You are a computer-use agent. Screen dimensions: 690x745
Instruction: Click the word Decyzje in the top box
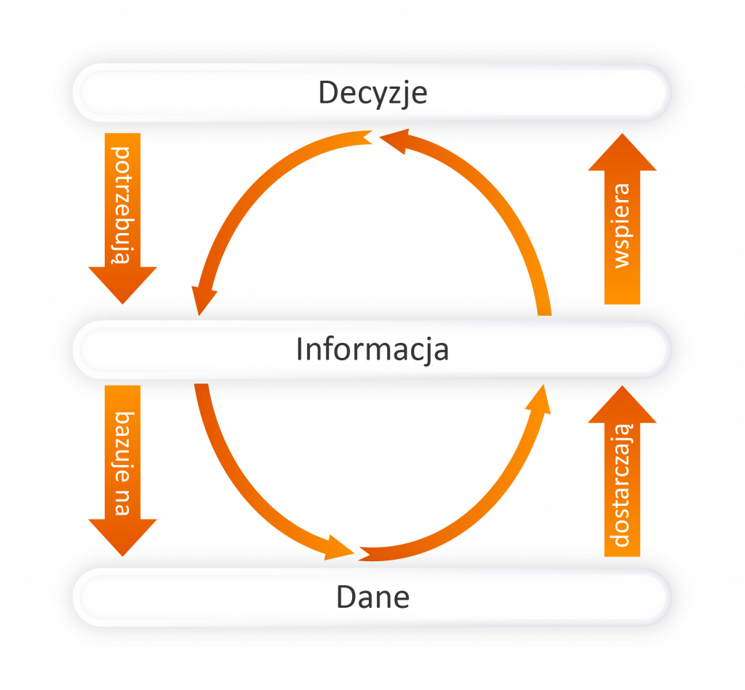coord(372,93)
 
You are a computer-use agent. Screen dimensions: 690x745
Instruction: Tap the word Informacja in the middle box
coord(372,349)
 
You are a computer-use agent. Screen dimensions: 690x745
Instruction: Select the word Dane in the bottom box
coord(372,598)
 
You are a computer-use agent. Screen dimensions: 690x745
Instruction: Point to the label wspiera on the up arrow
coord(623,226)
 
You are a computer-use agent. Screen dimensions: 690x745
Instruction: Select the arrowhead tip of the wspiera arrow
coord(623,135)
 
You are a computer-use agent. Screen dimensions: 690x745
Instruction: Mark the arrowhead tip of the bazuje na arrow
coord(123,555)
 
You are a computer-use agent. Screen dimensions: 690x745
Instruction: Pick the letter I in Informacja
coord(299,349)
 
